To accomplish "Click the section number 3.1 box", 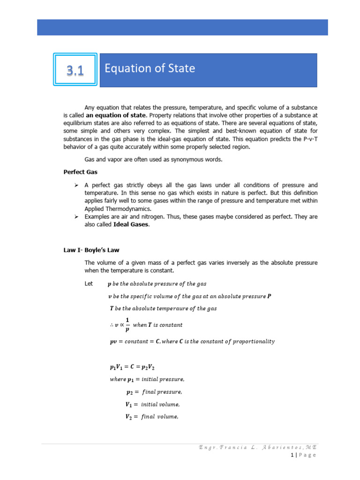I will tap(75, 70).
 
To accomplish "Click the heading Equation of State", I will tap(150, 69).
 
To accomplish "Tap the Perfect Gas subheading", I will tap(81, 172).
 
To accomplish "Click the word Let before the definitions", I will tap(89, 284).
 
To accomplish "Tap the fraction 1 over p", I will tap(127, 324).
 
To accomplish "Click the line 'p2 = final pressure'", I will tap(154, 392).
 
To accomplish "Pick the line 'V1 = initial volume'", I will tap(152, 404).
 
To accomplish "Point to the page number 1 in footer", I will tap(292, 455).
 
